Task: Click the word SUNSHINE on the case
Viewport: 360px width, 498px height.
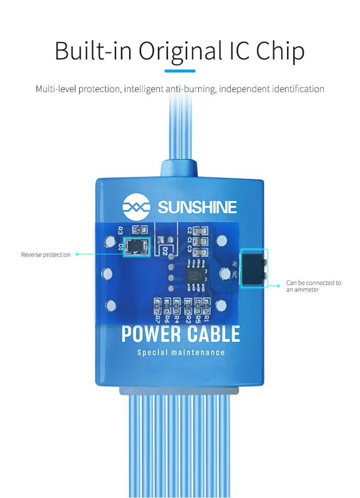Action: point(197,207)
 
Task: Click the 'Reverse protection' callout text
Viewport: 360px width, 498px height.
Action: point(45,255)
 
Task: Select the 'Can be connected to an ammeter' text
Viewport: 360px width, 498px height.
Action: point(314,286)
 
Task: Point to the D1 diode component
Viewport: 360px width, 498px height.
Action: point(136,247)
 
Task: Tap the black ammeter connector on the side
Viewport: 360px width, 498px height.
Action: point(254,268)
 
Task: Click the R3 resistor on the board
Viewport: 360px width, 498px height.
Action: point(129,229)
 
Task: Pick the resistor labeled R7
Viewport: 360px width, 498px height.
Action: point(157,307)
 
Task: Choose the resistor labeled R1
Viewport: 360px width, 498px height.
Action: point(207,307)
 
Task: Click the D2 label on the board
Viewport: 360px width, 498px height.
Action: point(165,249)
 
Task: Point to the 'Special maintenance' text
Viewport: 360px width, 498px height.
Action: point(180,352)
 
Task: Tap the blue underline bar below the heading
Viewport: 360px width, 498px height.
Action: point(180,71)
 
